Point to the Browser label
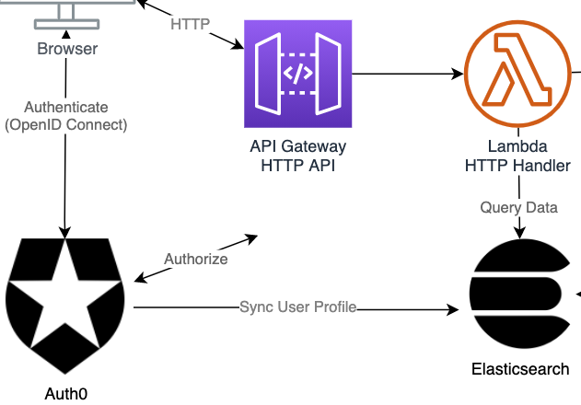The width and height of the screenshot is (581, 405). pos(67,49)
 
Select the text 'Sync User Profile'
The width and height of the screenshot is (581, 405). pos(297,307)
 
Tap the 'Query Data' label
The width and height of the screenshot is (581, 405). pos(518,207)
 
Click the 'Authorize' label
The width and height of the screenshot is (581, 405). pos(195,260)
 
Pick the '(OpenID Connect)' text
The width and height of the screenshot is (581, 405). pos(66,124)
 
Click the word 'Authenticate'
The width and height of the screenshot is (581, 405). pos(66,108)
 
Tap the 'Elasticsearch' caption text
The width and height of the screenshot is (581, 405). pos(520,369)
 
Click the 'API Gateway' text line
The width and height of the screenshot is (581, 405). pos(298,146)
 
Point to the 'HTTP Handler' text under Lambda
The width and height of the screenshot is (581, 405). pos(518,164)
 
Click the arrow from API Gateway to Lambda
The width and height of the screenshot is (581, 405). pos(405,73)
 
